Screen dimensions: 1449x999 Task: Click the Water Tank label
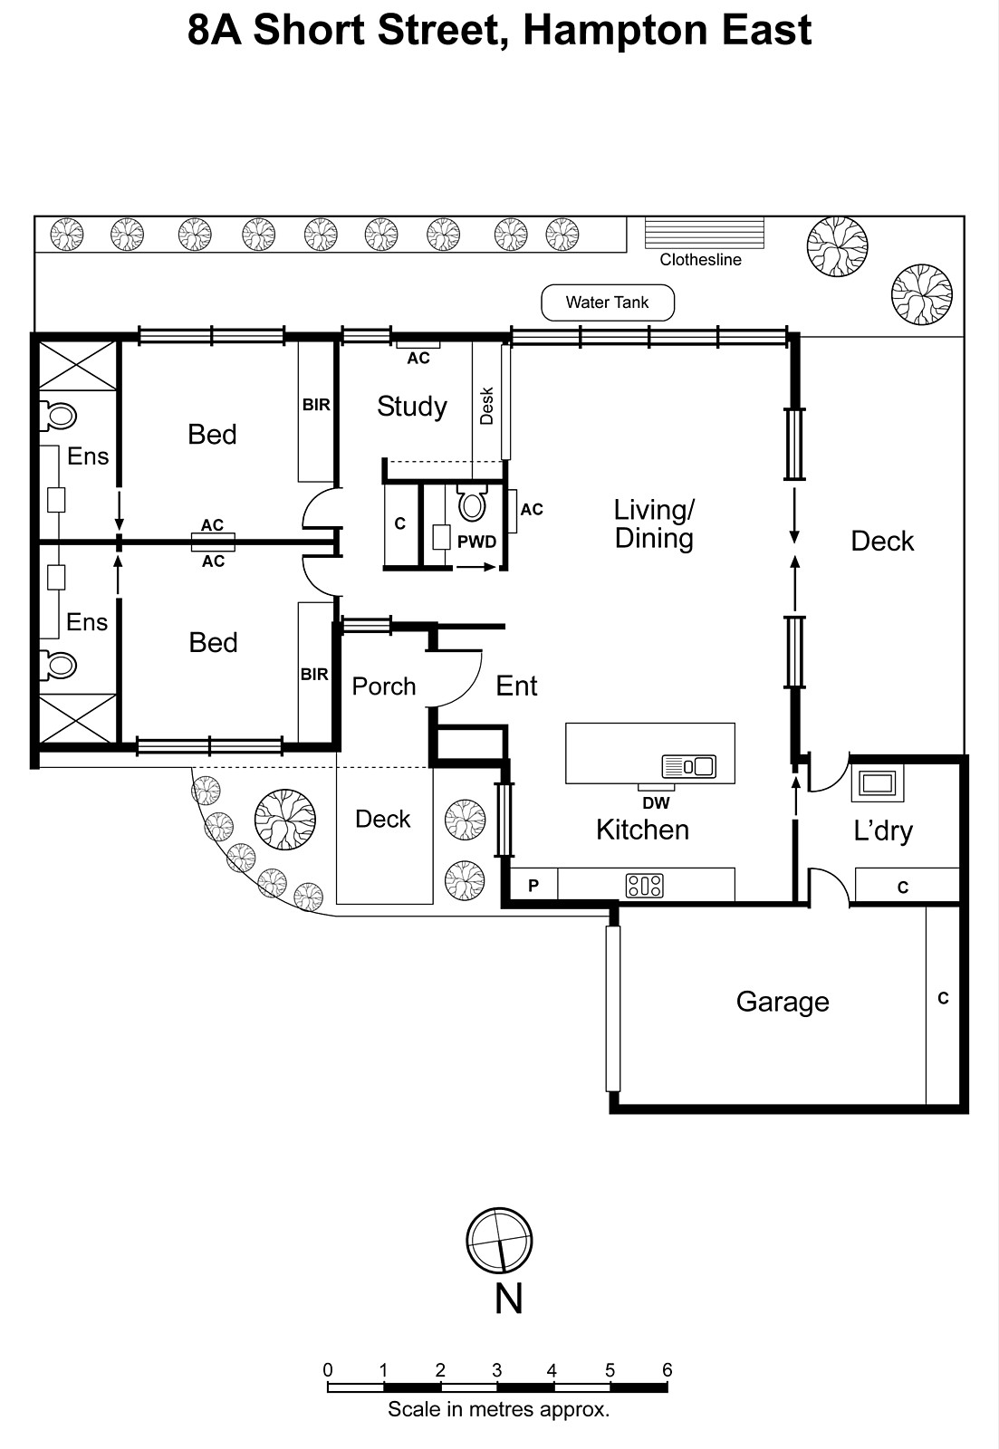pos(607,302)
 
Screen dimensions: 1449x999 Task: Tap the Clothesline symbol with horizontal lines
pos(704,233)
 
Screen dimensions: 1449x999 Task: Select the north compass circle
pos(499,1242)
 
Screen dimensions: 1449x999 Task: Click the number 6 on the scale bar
pos(667,1369)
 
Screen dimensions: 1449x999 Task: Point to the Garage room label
pos(783,1002)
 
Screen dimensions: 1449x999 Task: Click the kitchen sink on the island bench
pos(689,766)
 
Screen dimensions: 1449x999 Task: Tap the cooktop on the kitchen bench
pos(644,885)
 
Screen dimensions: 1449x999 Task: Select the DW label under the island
pos(656,803)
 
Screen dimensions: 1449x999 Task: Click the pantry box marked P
pos(533,886)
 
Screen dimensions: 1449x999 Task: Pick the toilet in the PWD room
pos(473,504)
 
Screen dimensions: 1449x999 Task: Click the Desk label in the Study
pos(486,406)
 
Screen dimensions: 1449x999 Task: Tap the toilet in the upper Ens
pos(59,416)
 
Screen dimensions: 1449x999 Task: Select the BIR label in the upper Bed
pos(316,405)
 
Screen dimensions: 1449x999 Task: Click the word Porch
pos(384,686)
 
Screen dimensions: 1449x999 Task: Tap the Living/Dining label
pos(654,524)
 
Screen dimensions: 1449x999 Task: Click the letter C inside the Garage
pos(943,998)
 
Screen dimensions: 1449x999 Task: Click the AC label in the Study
pos(418,359)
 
